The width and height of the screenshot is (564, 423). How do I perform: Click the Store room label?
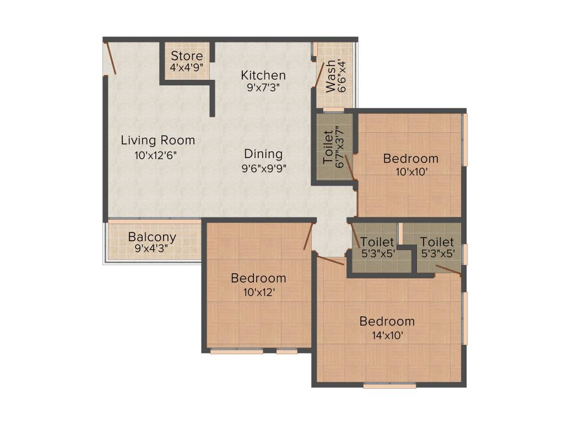tap(187, 56)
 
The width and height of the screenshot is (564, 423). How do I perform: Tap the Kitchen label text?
tap(263, 75)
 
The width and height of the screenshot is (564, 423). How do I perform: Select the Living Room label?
tap(158, 140)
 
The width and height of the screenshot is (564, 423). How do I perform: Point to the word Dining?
tap(263, 154)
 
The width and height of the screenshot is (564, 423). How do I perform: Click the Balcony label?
tap(152, 237)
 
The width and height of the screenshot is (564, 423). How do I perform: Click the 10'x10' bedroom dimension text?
tap(411, 171)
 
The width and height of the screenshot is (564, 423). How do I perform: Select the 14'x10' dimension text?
tap(387, 334)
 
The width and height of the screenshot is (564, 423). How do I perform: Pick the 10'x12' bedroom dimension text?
tap(258, 292)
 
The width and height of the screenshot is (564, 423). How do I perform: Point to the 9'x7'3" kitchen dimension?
tap(263, 87)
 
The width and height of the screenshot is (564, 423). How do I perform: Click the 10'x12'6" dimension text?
tap(158, 155)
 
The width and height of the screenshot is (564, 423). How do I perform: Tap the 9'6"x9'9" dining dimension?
tap(263, 168)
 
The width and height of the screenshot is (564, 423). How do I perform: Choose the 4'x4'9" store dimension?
tap(187, 68)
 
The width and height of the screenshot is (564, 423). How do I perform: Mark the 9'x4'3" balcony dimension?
tap(152, 248)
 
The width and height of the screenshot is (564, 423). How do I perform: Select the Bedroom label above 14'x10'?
tap(387, 321)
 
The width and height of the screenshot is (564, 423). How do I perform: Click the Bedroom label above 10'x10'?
tap(411, 159)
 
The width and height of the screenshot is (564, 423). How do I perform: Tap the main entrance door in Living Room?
tap(110, 58)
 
